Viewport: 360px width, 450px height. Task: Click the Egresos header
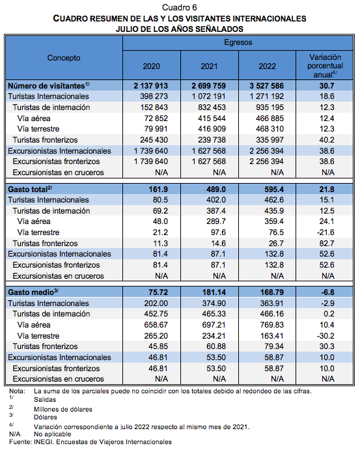click(x=238, y=42)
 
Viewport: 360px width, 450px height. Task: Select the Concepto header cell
click(x=64, y=58)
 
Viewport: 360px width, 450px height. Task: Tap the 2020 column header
click(x=152, y=66)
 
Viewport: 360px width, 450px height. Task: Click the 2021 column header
click(x=209, y=66)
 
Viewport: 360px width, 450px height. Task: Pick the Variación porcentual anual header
click(x=325, y=66)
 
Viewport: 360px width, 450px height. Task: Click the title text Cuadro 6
click(x=180, y=7)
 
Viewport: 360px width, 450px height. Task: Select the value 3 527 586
click(x=266, y=86)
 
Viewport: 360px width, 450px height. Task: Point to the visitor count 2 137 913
click(x=150, y=86)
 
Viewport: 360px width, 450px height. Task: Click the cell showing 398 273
click(x=154, y=96)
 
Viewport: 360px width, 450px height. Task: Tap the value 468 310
click(x=270, y=129)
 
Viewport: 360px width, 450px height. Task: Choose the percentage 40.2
click(x=327, y=140)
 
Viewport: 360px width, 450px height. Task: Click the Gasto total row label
click(x=30, y=189)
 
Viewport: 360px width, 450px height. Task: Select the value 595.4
click(x=274, y=190)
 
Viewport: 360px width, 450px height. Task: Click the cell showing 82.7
click(x=327, y=244)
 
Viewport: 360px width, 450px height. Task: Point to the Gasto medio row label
click(x=33, y=292)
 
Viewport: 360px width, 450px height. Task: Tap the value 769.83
click(x=271, y=325)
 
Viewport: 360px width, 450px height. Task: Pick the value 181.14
click(x=214, y=292)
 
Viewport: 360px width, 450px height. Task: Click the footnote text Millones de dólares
click(x=63, y=409)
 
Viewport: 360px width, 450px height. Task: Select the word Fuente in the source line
click(x=20, y=442)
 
